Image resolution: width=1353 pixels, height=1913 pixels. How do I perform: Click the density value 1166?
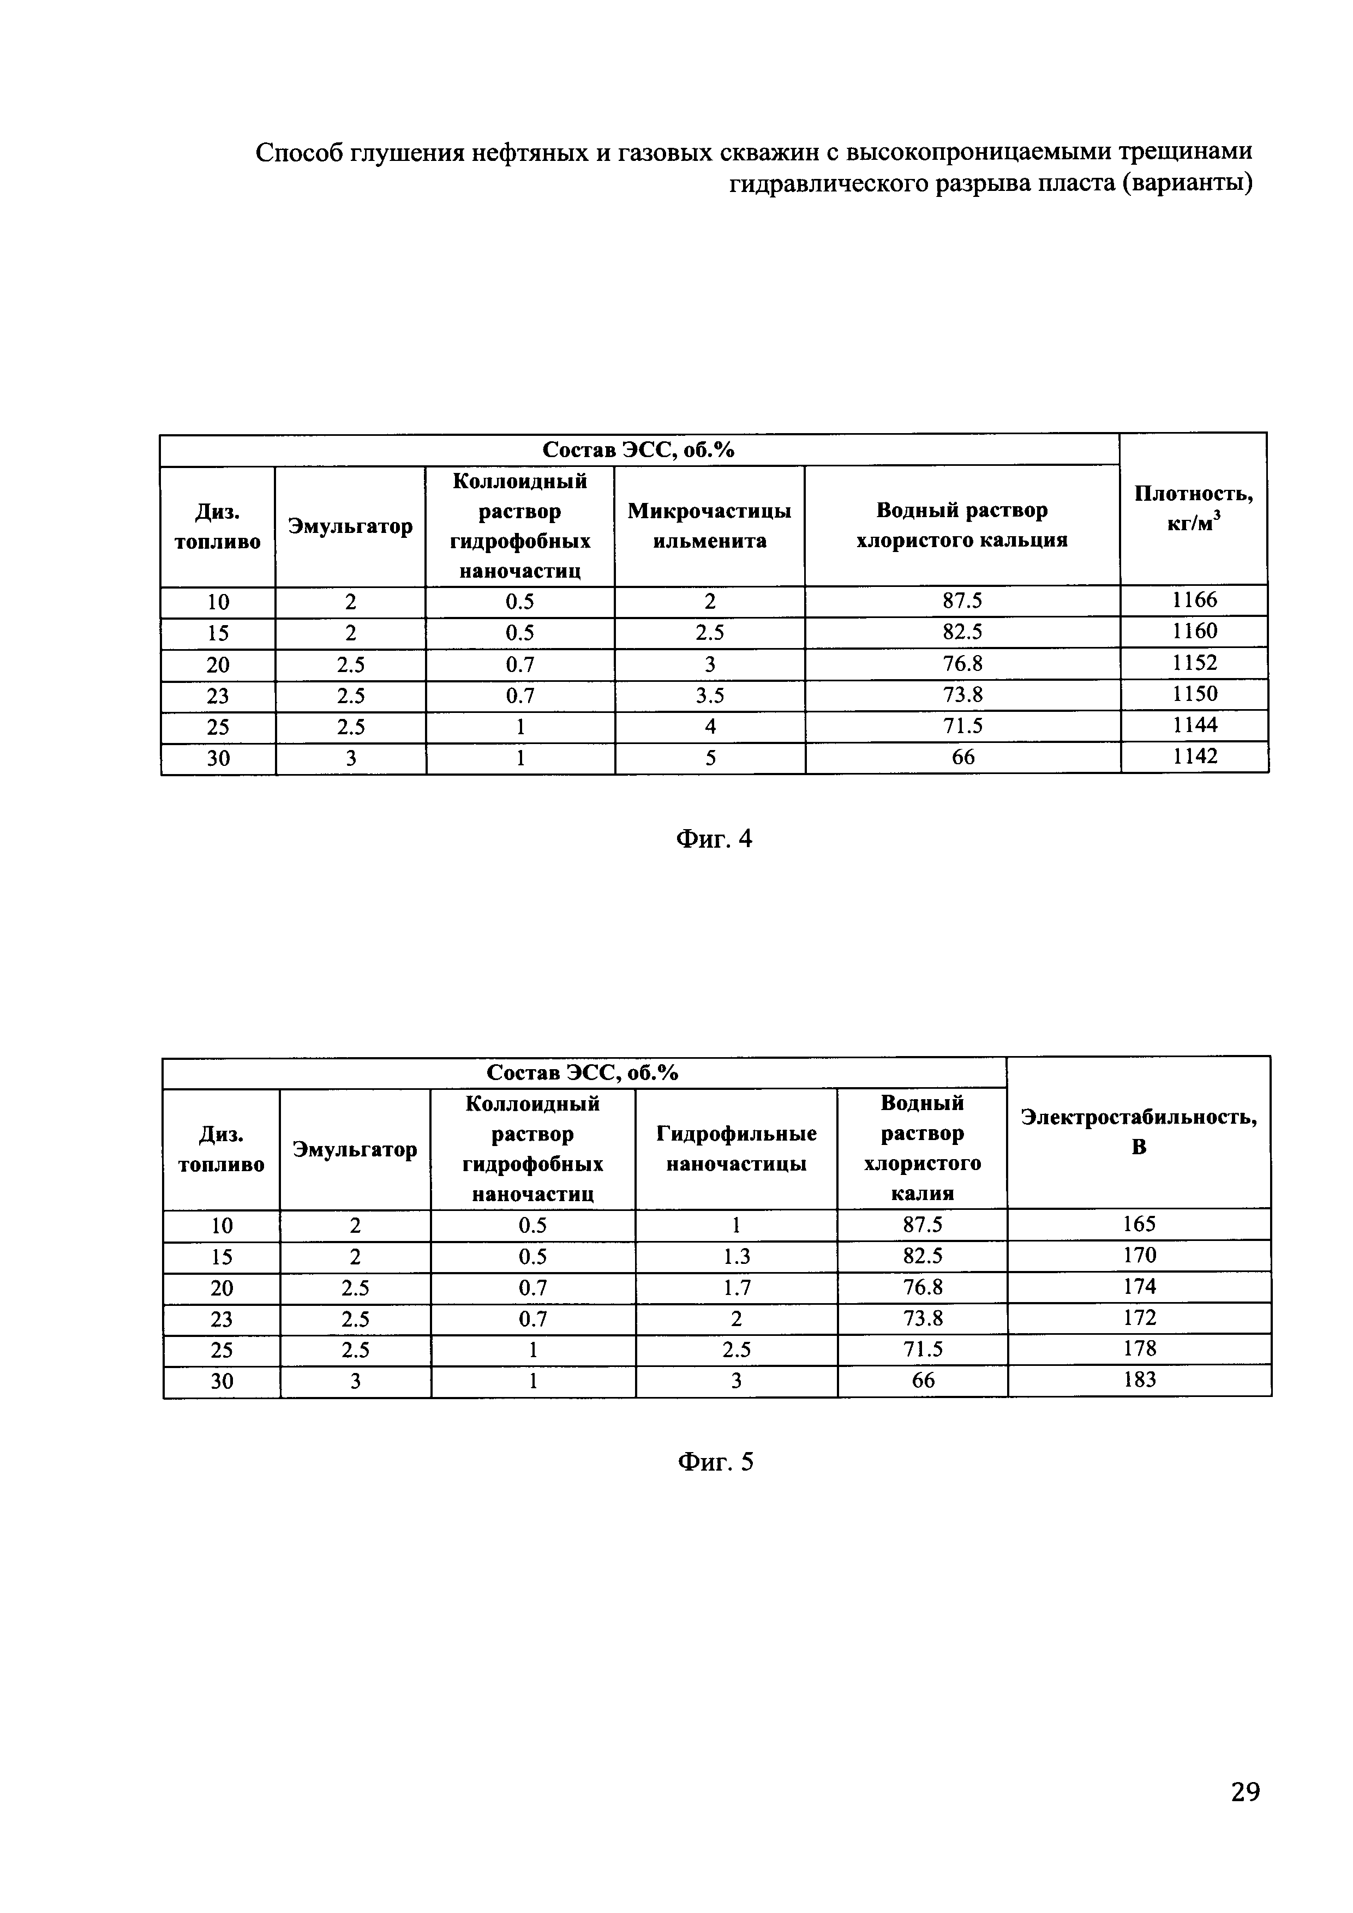1194,600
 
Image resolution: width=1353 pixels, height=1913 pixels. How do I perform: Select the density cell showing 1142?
1194,757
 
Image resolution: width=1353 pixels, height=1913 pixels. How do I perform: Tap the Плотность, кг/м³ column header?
1193,508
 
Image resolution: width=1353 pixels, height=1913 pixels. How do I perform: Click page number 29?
1244,1791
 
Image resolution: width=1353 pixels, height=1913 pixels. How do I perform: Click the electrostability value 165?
1139,1224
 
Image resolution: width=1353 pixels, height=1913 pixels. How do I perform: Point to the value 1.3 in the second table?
735,1256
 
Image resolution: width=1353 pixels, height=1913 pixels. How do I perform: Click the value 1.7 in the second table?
735,1288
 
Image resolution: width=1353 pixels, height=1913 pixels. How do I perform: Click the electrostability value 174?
1139,1286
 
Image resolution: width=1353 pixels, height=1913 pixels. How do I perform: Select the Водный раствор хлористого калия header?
921,1148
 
